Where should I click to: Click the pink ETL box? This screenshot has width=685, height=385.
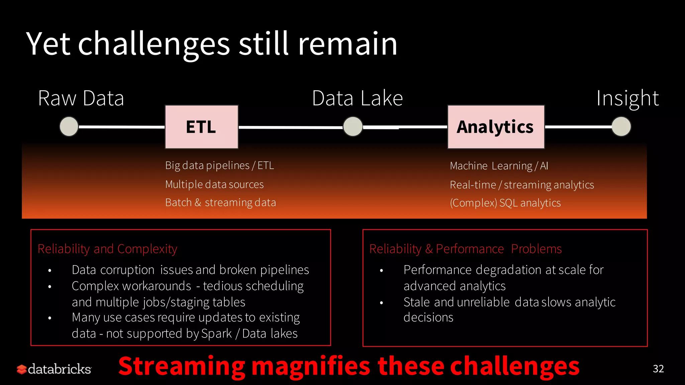pyautogui.click(x=201, y=127)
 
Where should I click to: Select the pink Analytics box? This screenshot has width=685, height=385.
pyautogui.click(x=496, y=127)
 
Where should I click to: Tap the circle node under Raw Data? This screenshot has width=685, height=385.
pyautogui.click(x=69, y=126)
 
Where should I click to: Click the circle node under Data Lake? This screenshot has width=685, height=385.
pyautogui.click(x=353, y=127)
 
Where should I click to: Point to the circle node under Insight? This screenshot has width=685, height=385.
pyautogui.click(x=621, y=126)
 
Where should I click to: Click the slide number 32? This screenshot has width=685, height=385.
pyautogui.click(x=658, y=369)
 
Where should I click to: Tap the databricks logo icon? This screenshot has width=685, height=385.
pyautogui.click(x=22, y=369)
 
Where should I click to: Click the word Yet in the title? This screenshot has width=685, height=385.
pyautogui.click(x=48, y=44)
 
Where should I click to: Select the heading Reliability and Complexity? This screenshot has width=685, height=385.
pyautogui.click(x=107, y=249)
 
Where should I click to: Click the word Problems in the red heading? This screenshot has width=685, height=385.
pyautogui.click(x=536, y=249)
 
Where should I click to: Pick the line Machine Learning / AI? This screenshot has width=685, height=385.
pyautogui.click(x=499, y=166)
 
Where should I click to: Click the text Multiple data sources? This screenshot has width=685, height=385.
pyautogui.click(x=214, y=184)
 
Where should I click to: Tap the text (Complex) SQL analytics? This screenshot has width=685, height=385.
pyautogui.click(x=505, y=203)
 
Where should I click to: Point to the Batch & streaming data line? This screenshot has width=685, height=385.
pyautogui.click(x=220, y=203)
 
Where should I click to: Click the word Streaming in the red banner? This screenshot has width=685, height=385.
pyautogui.click(x=182, y=367)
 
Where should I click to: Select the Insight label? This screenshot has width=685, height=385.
pyautogui.click(x=627, y=98)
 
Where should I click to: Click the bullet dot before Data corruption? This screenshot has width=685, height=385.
pyautogui.click(x=50, y=270)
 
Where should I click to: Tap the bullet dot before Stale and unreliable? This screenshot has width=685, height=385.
pyautogui.click(x=381, y=303)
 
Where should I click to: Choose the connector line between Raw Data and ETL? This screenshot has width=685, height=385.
pyautogui.click(x=121, y=127)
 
